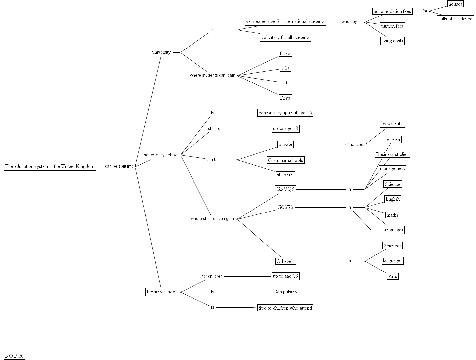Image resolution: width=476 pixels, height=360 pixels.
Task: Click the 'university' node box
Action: point(162,52)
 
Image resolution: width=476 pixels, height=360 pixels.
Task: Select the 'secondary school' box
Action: point(161,155)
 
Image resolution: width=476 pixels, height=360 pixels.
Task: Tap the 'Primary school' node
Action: point(162,292)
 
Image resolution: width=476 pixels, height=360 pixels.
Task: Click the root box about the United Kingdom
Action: point(50,167)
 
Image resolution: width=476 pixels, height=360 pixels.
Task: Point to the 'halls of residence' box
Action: point(455,19)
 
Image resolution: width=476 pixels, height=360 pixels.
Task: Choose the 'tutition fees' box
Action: point(392,26)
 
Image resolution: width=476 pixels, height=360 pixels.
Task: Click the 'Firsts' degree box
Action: point(285,98)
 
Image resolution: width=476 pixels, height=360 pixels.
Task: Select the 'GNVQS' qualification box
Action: point(285,189)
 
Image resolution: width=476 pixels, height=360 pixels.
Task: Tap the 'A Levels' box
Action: point(285,261)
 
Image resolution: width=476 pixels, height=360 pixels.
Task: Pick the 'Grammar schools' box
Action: point(285,160)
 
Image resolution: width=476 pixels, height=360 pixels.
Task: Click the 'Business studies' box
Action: point(392,154)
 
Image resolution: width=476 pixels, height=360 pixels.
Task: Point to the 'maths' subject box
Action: point(392,215)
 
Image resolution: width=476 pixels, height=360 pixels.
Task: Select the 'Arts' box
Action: point(393,276)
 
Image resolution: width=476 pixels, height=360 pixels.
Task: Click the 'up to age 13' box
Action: point(285,276)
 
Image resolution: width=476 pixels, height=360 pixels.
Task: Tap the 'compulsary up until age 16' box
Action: point(285,113)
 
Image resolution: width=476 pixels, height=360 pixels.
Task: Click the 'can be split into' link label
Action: point(119,166)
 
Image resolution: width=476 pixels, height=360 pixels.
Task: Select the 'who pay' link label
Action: point(349,22)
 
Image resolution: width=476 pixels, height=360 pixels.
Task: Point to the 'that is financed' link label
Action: point(349,145)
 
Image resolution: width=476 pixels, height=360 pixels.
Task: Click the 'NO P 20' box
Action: point(15,356)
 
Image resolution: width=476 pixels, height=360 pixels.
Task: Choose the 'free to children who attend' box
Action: point(285,308)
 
